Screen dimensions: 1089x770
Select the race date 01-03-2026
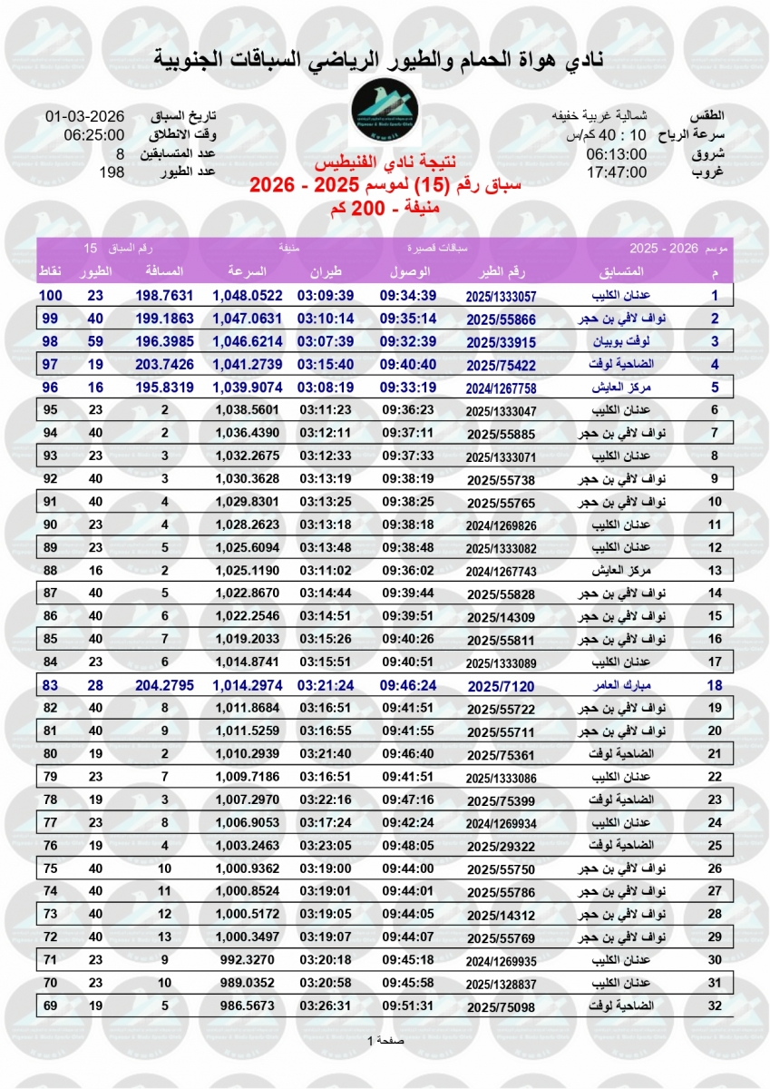[x=84, y=117]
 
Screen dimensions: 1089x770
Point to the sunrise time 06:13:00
[x=616, y=153]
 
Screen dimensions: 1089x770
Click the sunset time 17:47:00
[x=616, y=171]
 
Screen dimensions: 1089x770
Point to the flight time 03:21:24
[x=326, y=685]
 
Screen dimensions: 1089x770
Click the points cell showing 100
[x=50, y=296]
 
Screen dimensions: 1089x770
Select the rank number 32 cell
[x=715, y=1006]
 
